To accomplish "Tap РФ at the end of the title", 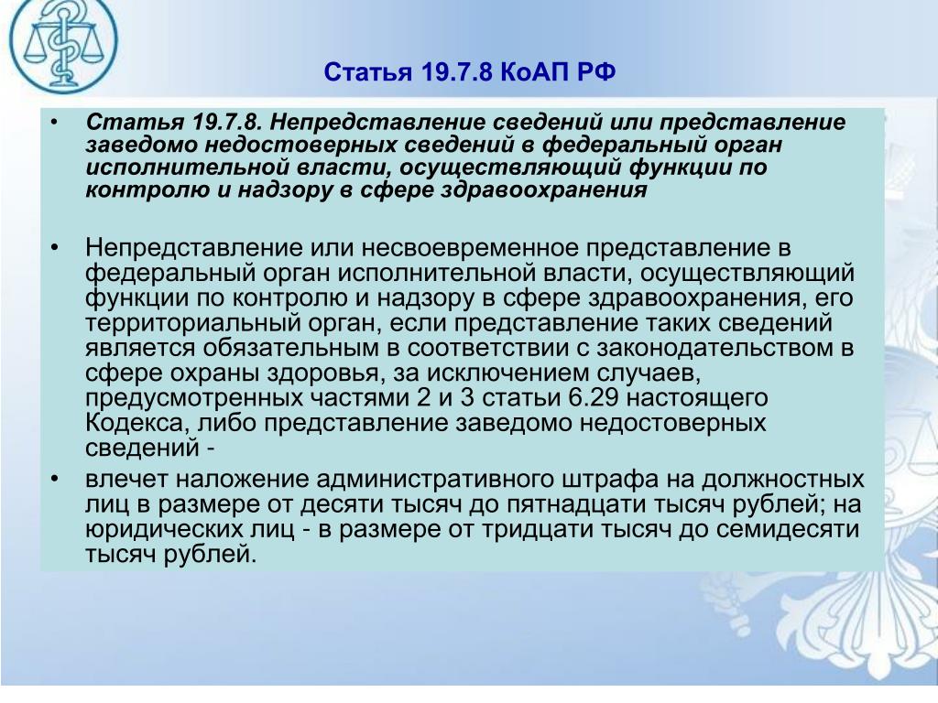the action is (596, 71).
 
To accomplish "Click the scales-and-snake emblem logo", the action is (63, 46).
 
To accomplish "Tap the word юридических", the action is (158, 530).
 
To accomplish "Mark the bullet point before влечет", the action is (55, 479).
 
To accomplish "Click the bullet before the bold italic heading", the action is (55, 122).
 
